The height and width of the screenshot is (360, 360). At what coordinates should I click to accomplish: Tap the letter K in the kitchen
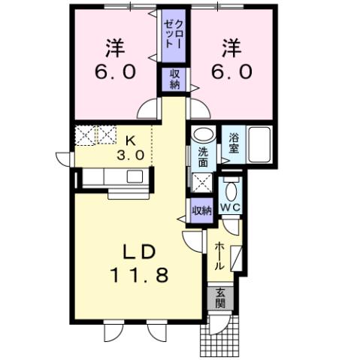pos(131,140)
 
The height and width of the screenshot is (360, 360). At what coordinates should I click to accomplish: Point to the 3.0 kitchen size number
pos(131,156)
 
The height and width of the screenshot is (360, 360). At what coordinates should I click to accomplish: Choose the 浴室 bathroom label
pos(234,143)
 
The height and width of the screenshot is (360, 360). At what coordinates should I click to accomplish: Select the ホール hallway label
pos(219,256)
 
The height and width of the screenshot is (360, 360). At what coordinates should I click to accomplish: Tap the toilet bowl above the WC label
pos(231,187)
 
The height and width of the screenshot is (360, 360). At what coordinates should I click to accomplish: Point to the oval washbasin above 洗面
pos(202,136)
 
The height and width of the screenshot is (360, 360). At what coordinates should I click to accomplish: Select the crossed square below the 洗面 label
pos(202,181)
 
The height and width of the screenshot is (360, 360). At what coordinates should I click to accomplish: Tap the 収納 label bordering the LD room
pos(201,210)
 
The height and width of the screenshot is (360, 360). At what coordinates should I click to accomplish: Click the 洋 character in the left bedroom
pos(115,48)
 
